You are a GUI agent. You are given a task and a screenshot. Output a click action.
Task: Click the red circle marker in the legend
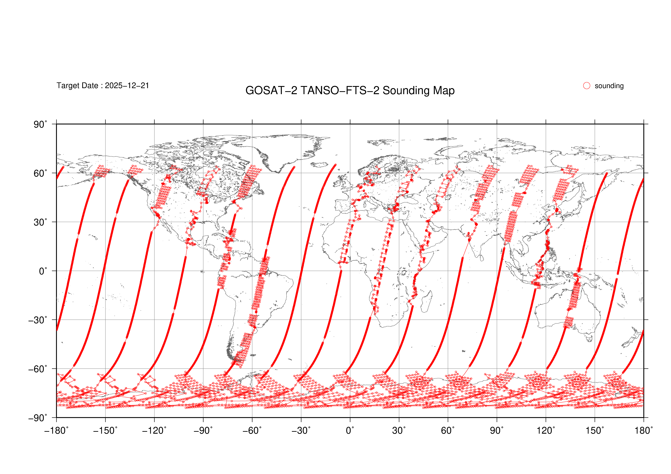click(x=587, y=86)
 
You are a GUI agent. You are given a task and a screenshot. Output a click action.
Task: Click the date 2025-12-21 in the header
click(x=127, y=86)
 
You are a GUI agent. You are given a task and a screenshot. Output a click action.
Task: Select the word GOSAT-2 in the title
click(x=271, y=91)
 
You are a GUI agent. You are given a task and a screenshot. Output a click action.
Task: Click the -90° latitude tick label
click(x=38, y=418)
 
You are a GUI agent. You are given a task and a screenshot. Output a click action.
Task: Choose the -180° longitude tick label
click(x=56, y=431)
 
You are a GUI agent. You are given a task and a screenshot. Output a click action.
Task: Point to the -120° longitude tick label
click(x=154, y=431)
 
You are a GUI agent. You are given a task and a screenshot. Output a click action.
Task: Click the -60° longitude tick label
click(x=252, y=431)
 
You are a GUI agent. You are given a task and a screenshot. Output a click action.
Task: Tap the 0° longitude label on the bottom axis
click(x=350, y=431)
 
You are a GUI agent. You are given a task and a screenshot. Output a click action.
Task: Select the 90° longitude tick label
click(x=497, y=431)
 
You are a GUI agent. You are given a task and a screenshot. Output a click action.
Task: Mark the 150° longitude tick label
click(x=595, y=431)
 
